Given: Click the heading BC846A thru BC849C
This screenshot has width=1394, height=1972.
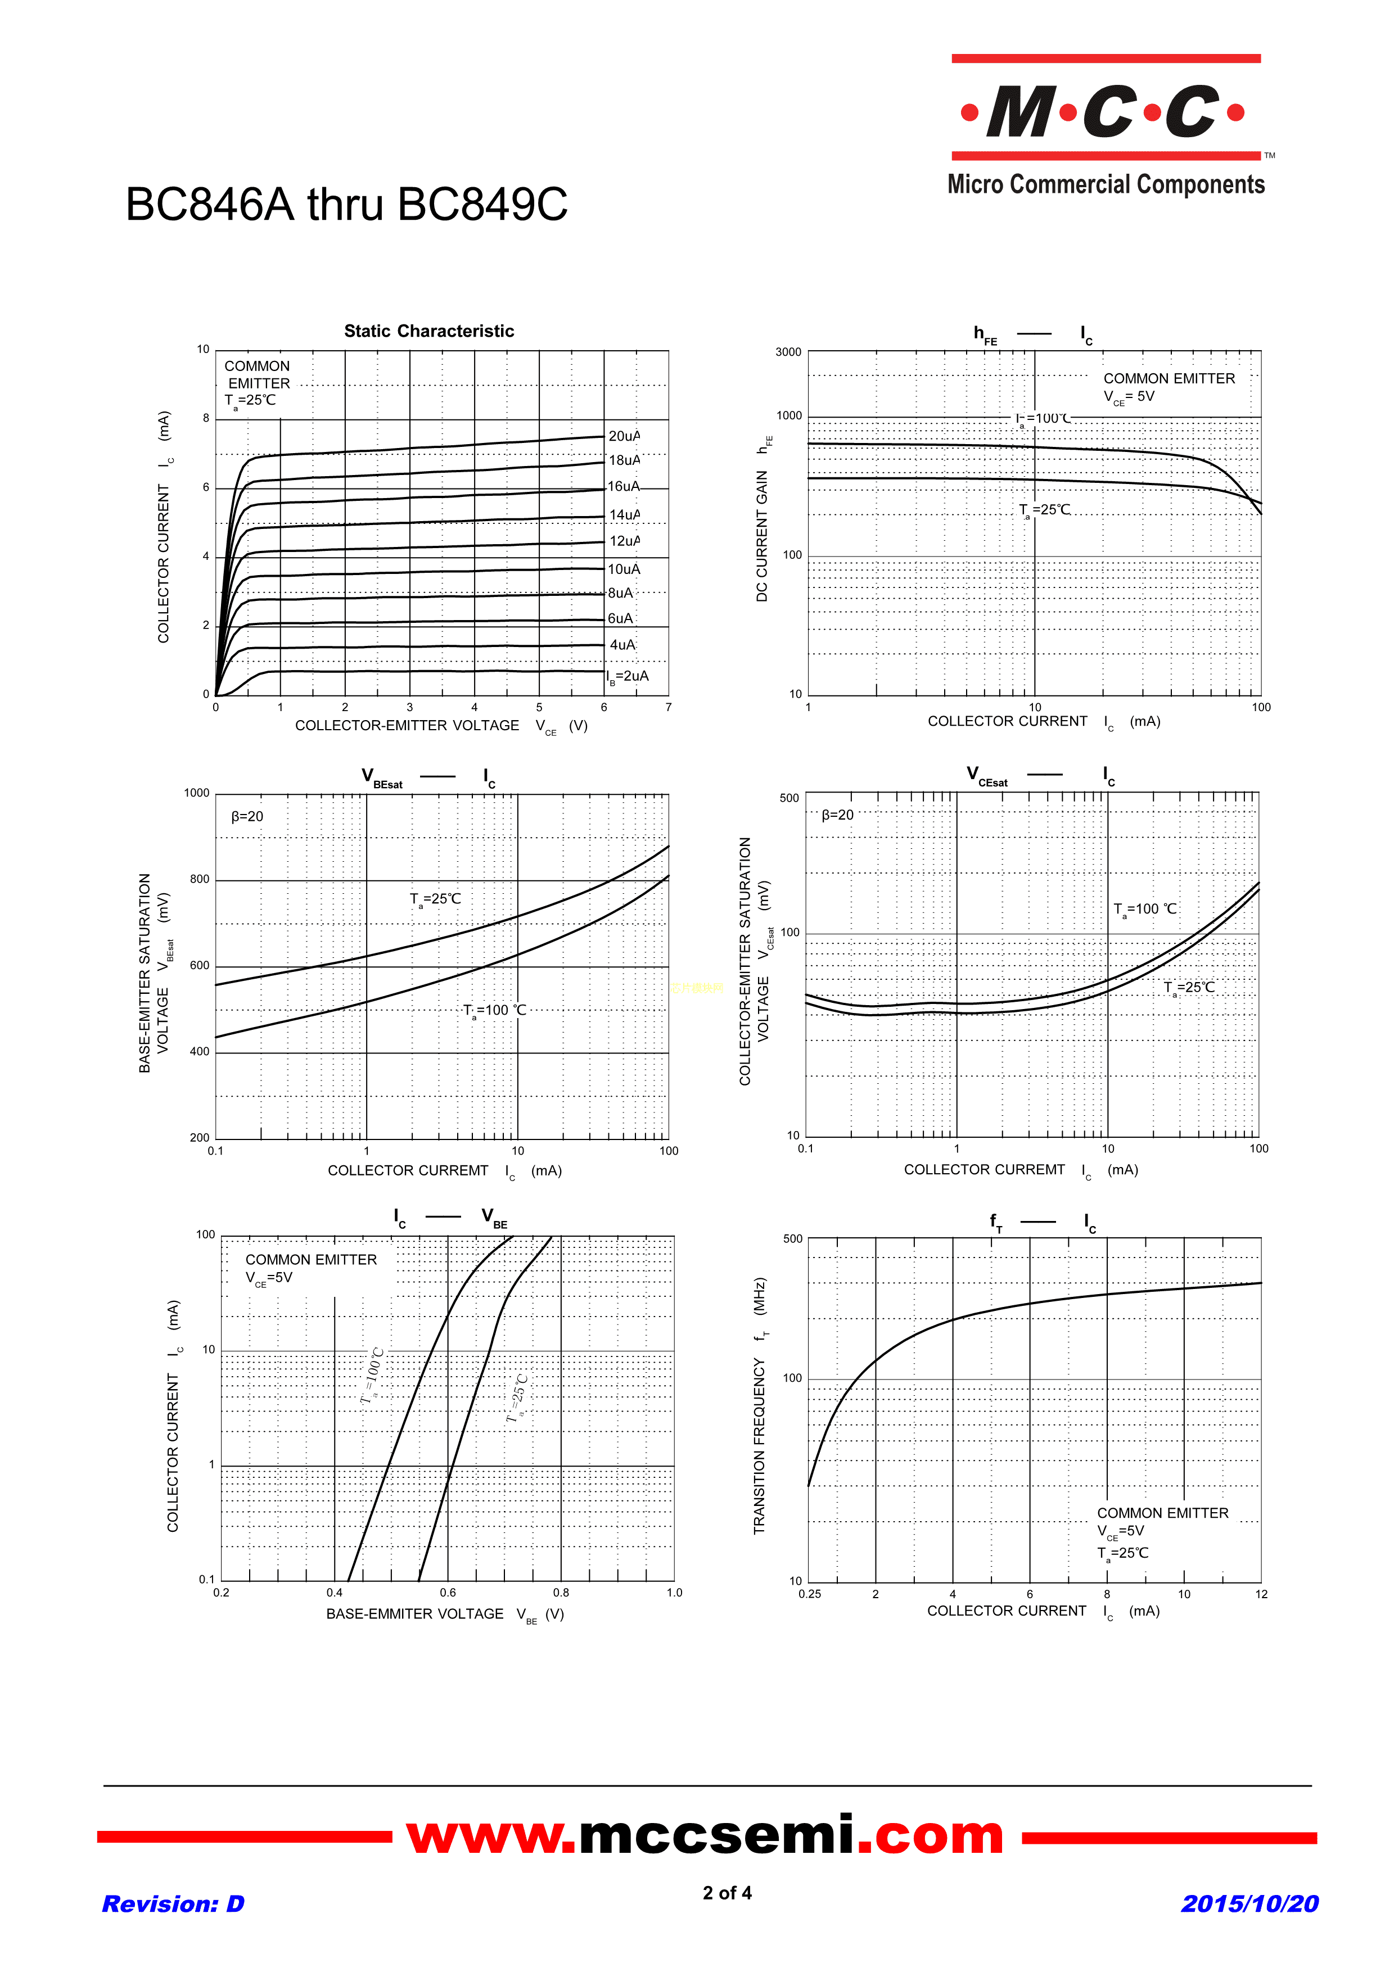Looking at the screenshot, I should (x=346, y=205).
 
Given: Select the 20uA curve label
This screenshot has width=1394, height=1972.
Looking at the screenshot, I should (x=624, y=436).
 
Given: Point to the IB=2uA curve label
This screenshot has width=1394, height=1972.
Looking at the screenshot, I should (x=628, y=677).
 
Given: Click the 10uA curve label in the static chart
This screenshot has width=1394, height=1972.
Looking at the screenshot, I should (x=624, y=569).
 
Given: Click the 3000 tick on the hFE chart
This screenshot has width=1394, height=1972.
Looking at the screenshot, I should (x=788, y=352).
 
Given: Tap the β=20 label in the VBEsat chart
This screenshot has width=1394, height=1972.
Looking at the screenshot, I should (x=247, y=817).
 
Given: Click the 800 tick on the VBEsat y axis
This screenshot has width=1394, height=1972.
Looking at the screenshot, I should (x=199, y=880).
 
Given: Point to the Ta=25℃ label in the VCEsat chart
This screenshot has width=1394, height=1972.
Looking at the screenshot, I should (x=1189, y=988).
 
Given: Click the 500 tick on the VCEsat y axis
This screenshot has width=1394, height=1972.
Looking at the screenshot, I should (x=788, y=798).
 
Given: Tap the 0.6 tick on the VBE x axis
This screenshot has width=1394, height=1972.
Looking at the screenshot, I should (x=448, y=1593).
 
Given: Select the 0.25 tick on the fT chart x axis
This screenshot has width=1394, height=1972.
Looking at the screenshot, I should (x=809, y=1594).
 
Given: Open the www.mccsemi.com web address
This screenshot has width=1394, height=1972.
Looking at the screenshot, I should (x=704, y=1837).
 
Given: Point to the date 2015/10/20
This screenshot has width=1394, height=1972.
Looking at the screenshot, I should (x=1249, y=1904).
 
